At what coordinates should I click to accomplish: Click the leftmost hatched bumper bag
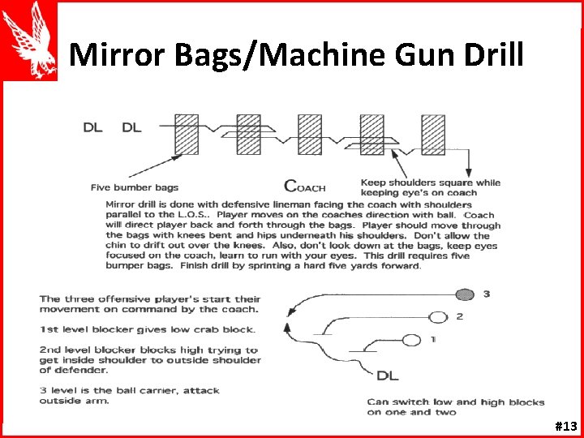(187, 134)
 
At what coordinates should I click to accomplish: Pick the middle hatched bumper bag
(310, 134)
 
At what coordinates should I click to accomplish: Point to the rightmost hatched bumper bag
(432, 134)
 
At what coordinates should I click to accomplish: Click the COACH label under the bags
(304, 187)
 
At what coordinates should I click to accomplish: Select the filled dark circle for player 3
(465, 294)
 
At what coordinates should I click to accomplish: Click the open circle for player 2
(439, 316)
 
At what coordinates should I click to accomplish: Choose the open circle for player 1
(412, 339)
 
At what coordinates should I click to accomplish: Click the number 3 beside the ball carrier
(487, 294)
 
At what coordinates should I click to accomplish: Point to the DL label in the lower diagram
(388, 375)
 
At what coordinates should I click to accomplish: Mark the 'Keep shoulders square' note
(430, 187)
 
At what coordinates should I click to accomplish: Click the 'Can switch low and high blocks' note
(455, 406)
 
